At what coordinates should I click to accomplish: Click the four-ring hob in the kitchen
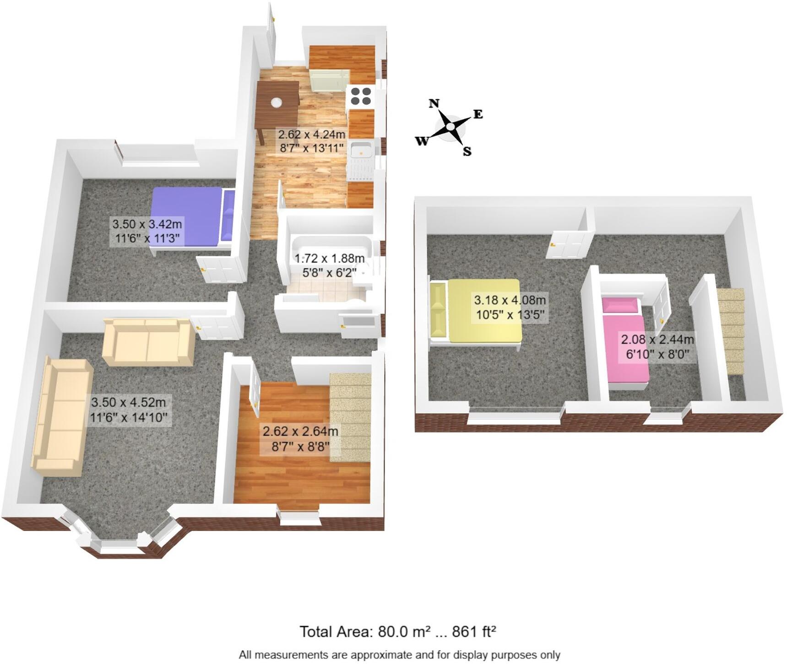pyautogui.click(x=360, y=96)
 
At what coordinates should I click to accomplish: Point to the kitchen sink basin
pyautogui.click(x=361, y=149)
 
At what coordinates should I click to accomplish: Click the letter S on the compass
pyautogui.click(x=467, y=151)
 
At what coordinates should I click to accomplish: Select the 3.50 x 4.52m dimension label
pyautogui.click(x=129, y=410)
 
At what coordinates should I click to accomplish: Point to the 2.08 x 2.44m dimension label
pyautogui.click(x=657, y=347)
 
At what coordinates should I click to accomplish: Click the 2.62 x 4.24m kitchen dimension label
pyautogui.click(x=311, y=141)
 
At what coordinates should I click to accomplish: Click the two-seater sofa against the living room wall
pyautogui.click(x=148, y=342)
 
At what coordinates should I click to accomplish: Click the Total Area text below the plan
pyautogui.click(x=398, y=632)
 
